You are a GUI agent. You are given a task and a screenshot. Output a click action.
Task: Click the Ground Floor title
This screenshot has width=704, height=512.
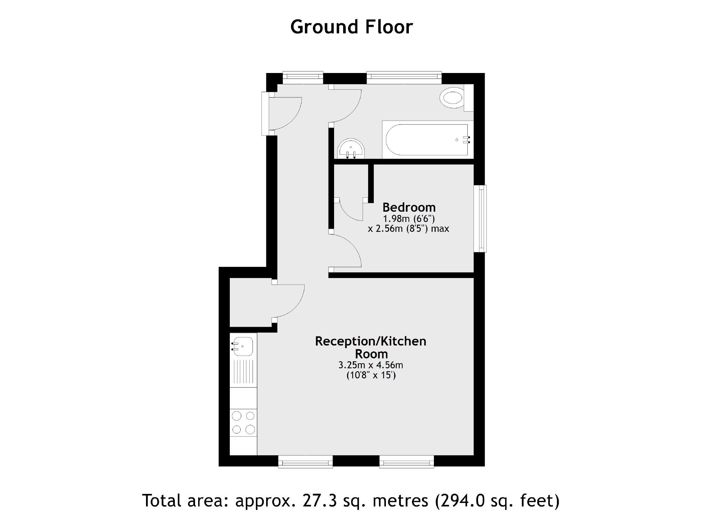pyautogui.click(x=351, y=27)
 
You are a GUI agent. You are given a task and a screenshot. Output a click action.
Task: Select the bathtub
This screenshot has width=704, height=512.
pyautogui.click(x=427, y=140)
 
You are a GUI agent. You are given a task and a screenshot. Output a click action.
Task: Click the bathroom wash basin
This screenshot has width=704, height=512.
pyautogui.click(x=351, y=149)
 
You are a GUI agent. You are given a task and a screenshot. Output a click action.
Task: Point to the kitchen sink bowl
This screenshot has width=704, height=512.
pyautogui.click(x=243, y=346)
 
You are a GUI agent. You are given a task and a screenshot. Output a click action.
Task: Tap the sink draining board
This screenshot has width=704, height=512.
pyautogui.click(x=243, y=372)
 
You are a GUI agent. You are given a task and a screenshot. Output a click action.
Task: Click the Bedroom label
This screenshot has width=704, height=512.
pyautogui.click(x=409, y=208)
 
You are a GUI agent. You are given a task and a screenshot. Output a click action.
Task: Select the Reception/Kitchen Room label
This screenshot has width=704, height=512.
pyautogui.click(x=371, y=347)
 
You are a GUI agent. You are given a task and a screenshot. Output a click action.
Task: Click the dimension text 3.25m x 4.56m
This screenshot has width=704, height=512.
pyautogui.click(x=371, y=365)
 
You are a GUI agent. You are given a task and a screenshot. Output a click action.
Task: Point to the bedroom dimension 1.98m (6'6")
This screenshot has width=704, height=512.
pyautogui.click(x=409, y=219)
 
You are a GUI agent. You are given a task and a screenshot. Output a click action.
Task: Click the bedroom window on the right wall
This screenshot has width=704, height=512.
pyautogui.click(x=481, y=218)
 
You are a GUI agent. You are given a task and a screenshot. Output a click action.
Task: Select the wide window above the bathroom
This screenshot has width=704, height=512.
pyautogui.click(x=404, y=77)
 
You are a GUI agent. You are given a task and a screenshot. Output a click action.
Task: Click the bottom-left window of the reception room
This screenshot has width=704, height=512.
pyautogui.click(x=306, y=462)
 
